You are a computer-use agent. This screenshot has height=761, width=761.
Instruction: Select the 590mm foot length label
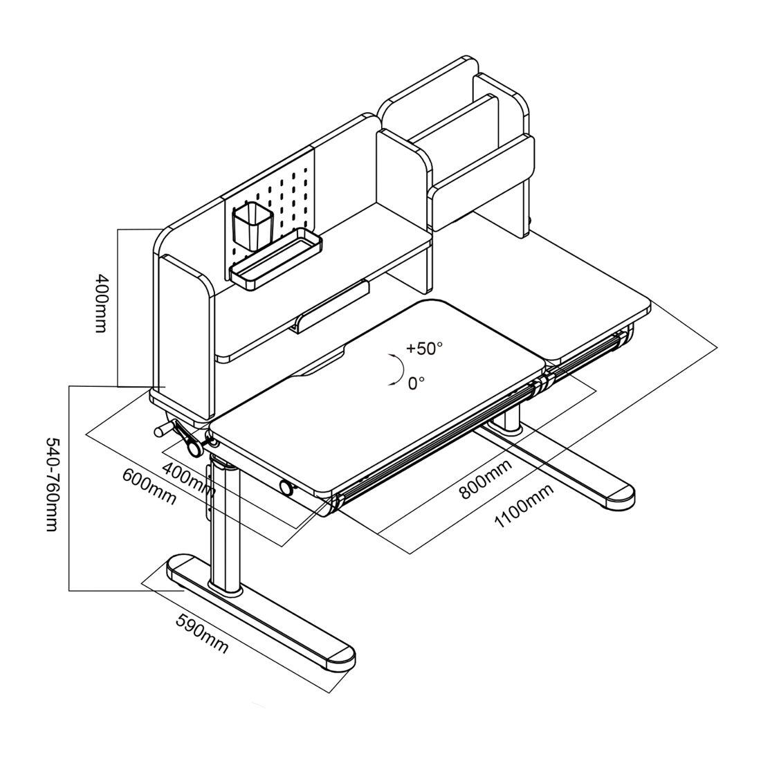(x=201, y=633)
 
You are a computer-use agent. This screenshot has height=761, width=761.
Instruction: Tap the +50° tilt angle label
(x=423, y=348)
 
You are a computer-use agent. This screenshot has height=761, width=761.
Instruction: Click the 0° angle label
(x=416, y=383)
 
